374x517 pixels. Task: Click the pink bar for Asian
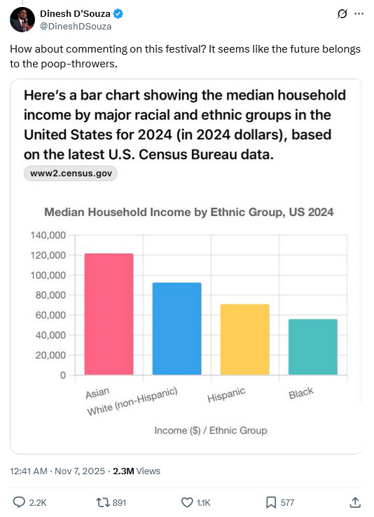coord(109,314)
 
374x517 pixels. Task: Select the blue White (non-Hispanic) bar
coord(176,328)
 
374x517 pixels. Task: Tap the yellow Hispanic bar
coord(244,340)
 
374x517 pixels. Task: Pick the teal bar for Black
coord(312,347)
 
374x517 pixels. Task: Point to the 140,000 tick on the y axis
coord(48,235)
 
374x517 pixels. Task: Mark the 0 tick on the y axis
coord(62,375)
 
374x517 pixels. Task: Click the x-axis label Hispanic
coord(226,395)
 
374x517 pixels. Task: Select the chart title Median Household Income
coord(188,212)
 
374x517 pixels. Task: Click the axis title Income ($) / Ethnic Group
coord(211,430)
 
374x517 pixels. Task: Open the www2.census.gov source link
coord(70,173)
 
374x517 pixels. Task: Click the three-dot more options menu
coord(359,13)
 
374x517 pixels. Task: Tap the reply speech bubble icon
coord(20,502)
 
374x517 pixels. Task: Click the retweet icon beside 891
coord(102,502)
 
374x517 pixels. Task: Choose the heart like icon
coord(187,502)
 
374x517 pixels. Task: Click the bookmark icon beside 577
coord(271,502)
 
